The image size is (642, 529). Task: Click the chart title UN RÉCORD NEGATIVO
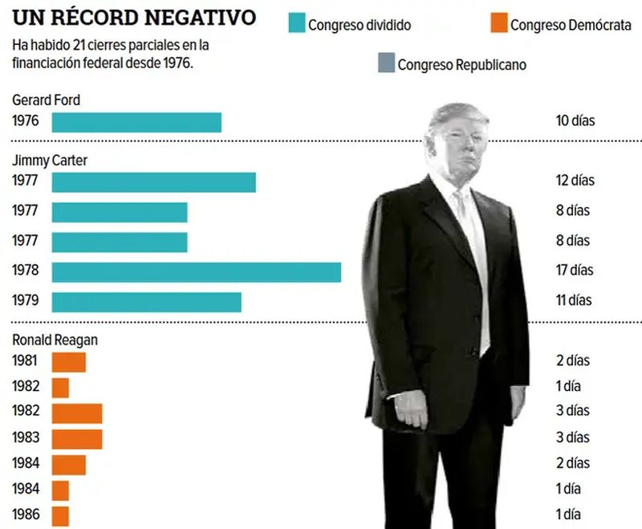pos(134,17)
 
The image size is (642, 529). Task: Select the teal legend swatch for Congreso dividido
pos(297,24)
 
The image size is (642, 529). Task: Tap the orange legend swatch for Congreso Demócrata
pos(498,24)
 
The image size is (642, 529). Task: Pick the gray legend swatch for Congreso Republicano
pos(387,63)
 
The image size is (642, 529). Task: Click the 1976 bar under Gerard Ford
pos(136,122)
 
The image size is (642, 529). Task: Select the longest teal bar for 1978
pos(197,271)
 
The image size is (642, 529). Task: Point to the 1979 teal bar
pos(147,302)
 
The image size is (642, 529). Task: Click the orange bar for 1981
pos(69,362)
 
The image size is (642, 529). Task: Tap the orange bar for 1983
pos(77,439)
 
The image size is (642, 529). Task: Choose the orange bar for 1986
pos(61,515)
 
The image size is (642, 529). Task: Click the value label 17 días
pos(575,271)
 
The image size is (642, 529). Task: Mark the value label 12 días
pos(575,181)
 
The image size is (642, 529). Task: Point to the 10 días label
pos(575,121)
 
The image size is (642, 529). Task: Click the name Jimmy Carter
pos(50,161)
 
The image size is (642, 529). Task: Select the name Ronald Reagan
pos(55,340)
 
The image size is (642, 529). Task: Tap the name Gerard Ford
pos(46,100)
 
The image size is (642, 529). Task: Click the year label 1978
pos(26,271)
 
